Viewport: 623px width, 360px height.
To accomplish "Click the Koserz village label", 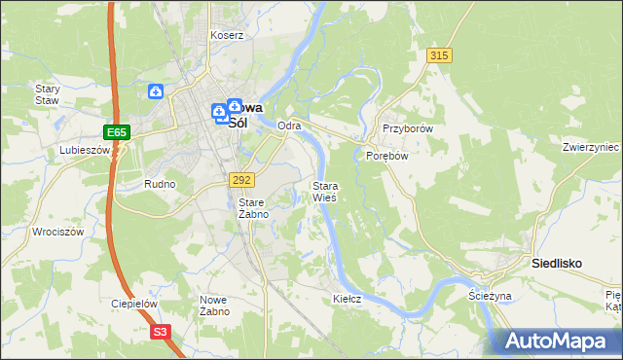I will click(227, 35).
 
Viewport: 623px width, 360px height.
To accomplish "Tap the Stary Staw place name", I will click(48, 93).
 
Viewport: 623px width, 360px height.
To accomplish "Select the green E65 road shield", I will click(116, 131).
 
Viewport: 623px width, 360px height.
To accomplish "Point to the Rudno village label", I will click(160, 183).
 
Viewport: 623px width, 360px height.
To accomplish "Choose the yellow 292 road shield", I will click(242, 180).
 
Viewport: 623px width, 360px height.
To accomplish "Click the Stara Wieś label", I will click(325, 191).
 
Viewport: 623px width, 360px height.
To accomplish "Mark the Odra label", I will click(289, 126).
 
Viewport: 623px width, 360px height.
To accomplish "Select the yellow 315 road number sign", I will click(439, 56).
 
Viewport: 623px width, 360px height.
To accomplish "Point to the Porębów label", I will click(385, 155).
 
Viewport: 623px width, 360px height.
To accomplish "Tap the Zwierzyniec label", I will click(591, 147).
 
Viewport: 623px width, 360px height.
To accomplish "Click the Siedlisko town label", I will click(558, 263).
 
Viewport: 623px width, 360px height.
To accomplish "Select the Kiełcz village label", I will click(347, 299).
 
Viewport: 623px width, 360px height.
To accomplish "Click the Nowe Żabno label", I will click(214, 306).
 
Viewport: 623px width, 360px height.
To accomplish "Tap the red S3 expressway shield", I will click(162, 332).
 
